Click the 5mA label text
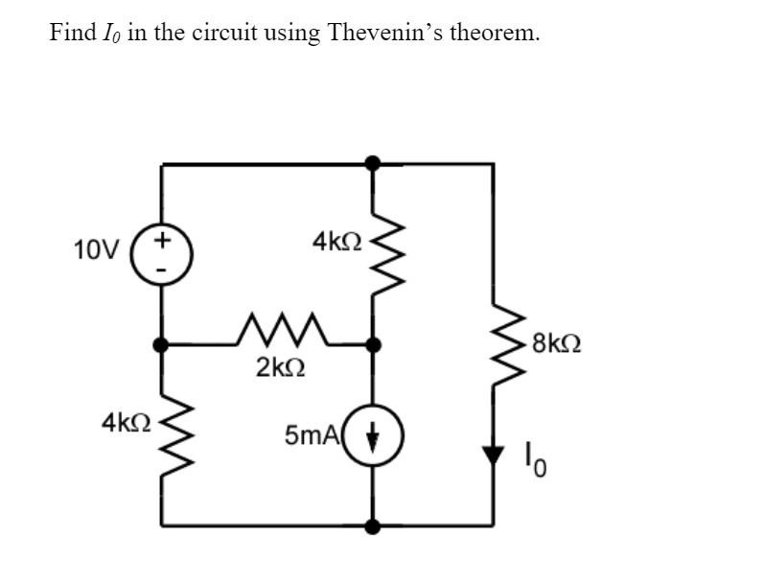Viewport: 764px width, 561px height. click(x=310, y=436)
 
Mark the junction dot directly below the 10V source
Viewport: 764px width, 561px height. click(x=162, y=343)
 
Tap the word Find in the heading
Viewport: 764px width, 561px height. click(x=72, y=33)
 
